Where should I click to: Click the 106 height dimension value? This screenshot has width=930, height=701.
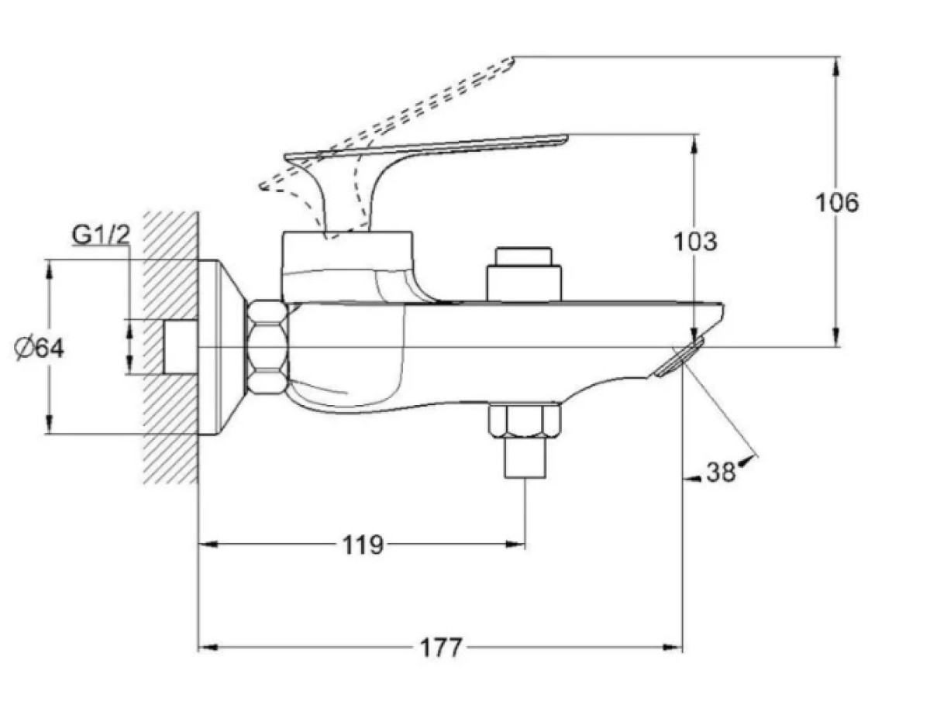pyautogui.click(x=837, y=203)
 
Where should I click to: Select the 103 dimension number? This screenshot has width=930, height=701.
pyautogui.click(x=695, y=242)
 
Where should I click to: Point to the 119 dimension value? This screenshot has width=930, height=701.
pyautogui.click(x=362, y=545)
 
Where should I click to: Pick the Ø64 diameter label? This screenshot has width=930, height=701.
pyautogui.click(x=39, y=349)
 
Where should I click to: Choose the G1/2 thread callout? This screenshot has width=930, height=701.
pyautogui.click(x=101, y=235)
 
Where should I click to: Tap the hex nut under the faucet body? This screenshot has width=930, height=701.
pyautogui.click(x=524, y=421)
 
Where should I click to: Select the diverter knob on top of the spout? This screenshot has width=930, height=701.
pyautogui.click(x=524, y=274)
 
